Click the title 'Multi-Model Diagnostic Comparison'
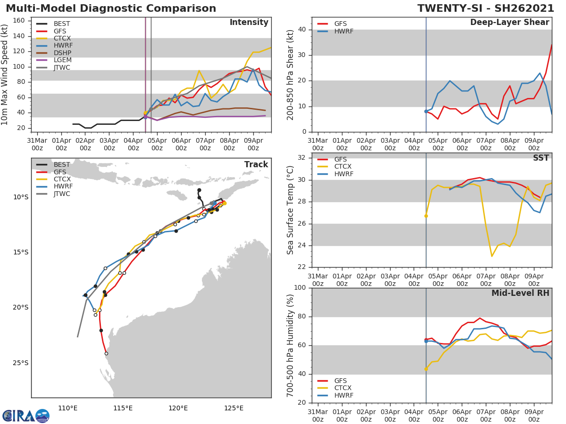tap(111, 8)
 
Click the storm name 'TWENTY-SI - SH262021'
tap(486, 8)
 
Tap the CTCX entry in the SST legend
tap(342, 167)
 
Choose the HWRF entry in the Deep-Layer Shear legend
tap(343, 31)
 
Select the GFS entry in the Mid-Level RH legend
tap(341, 381)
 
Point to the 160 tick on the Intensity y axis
tap(22, 21)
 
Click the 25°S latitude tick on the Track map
tap(21, 363)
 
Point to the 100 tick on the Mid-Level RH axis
tap(300, 288)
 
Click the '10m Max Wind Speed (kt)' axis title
tap(5, 74)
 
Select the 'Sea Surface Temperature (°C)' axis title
tap(291, 210)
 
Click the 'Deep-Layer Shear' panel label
tap(509, 23)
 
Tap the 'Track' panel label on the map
tap(256, 164)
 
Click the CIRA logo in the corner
tap(26, 416)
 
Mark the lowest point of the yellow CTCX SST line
tap(491, 256)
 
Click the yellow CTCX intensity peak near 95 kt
tap(199, 71)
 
